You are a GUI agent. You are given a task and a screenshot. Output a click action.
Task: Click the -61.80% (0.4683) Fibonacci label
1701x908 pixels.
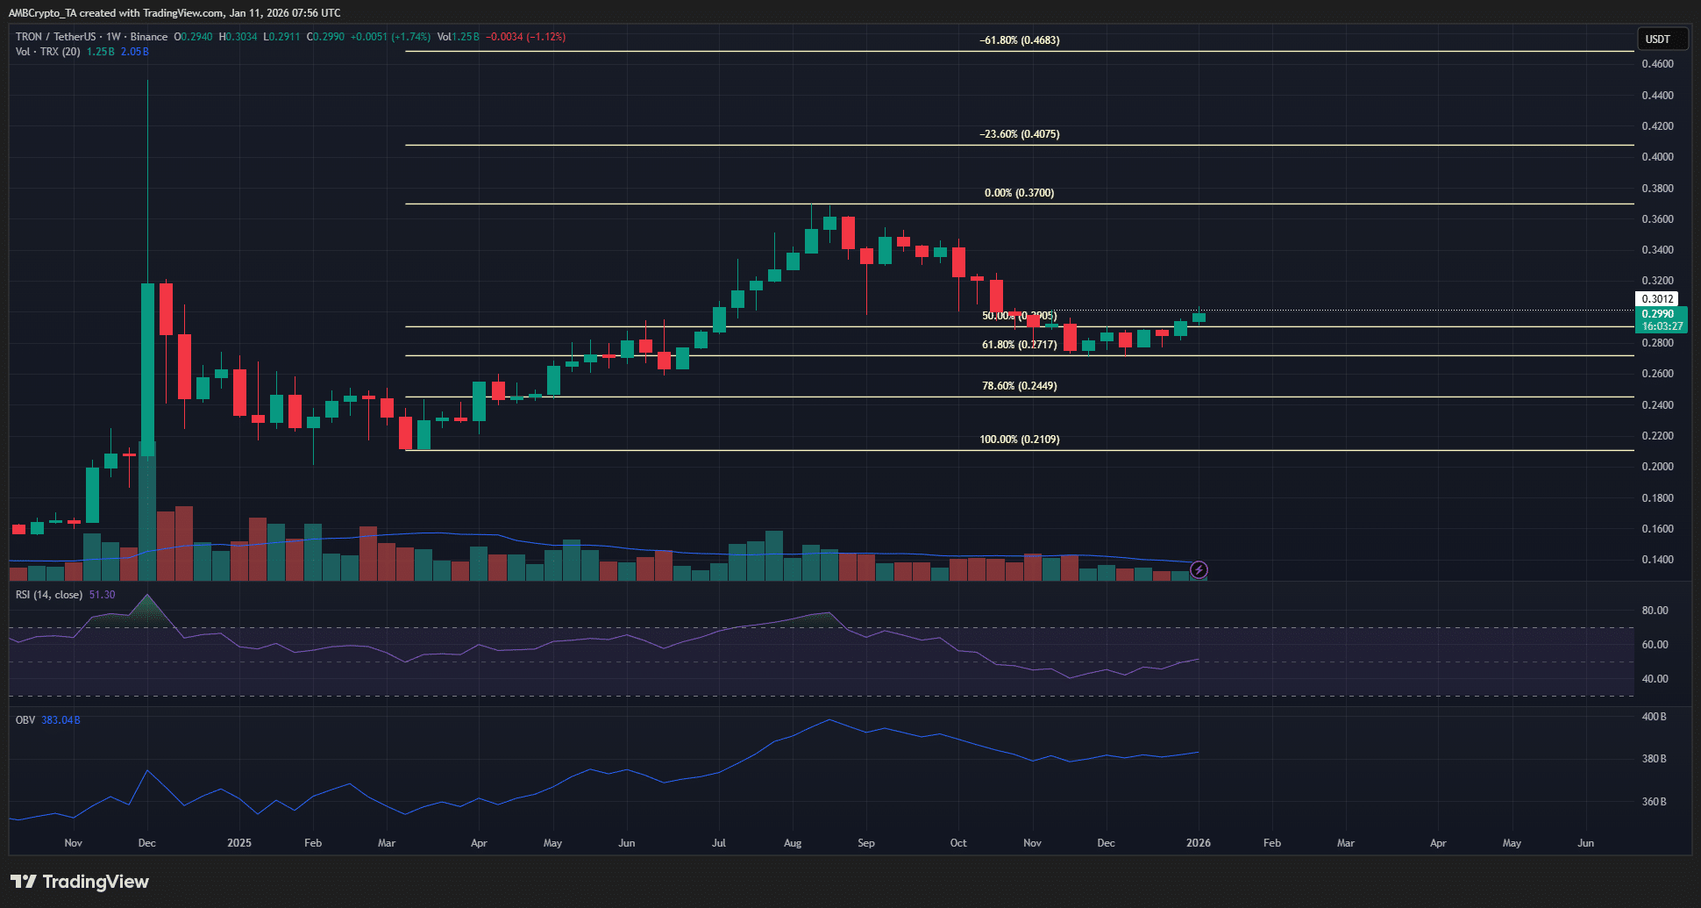point(1019,40)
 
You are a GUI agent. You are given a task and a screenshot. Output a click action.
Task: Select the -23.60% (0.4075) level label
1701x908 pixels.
point(1019,134)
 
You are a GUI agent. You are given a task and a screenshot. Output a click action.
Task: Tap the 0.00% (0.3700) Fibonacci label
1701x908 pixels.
point(1019,193)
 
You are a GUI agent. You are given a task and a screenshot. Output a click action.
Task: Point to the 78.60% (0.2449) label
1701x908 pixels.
point(1019,386)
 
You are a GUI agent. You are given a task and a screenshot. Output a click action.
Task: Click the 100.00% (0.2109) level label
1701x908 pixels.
point(1019,440)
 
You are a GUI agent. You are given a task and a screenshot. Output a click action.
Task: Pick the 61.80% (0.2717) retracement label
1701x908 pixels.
point(1019,345)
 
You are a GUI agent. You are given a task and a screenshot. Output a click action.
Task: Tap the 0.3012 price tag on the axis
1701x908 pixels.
point(1657,299)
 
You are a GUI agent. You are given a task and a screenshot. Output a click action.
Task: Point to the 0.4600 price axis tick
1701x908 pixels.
point(1657,64)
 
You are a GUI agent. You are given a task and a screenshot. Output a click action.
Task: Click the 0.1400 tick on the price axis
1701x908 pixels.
point(1657,560)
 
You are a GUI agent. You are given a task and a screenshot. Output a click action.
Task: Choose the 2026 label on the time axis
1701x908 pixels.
point(1198,843)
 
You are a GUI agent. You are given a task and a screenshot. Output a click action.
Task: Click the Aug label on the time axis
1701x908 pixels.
point(793,843)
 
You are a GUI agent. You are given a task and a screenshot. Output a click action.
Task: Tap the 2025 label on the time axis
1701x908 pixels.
point(238,843)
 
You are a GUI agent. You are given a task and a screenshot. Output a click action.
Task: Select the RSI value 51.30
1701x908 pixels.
point(102,595)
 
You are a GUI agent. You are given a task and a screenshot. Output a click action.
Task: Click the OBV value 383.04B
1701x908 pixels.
point(60,720)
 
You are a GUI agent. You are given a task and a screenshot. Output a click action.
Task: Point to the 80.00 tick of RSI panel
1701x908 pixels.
point(1655,611)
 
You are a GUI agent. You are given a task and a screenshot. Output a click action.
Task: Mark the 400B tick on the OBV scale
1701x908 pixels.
point(1654,717)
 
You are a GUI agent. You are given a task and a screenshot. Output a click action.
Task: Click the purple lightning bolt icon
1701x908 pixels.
point(1199,570)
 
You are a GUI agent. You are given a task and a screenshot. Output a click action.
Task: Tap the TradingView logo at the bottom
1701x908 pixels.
point(80,882)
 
